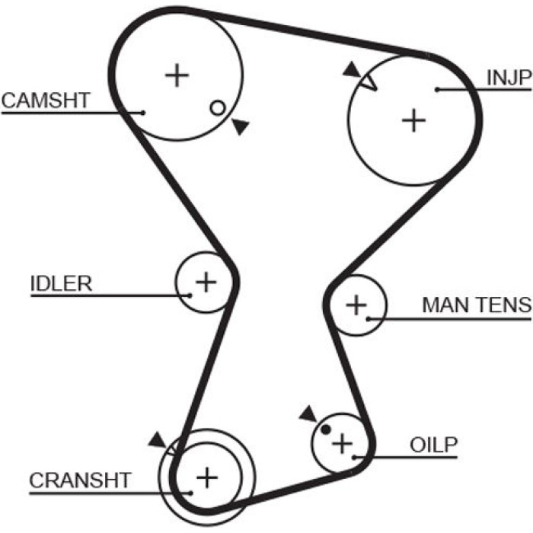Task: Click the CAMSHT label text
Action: click(x=46, y=101)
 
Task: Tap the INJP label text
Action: click(x=509, y=78)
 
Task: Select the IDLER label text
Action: click(x=61, y=283)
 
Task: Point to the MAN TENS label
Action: click(x=477, y=305)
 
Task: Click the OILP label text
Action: click(x=434, y=444)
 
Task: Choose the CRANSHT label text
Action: click(x=80, y=480)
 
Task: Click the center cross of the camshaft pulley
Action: click(x=177, y=75)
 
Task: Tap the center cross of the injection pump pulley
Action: click(x=413, y=120)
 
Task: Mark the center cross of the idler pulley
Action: click(x=206, y=282)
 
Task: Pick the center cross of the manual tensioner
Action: click(x=356, y=305)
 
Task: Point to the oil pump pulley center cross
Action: click(x=343, y=443)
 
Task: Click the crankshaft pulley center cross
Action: click(x=207, y=477)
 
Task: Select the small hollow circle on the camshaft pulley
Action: click(x=218, y=108)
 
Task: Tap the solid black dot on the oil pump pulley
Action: click(x=326, y=429)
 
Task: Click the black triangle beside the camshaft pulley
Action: click(x=241, y=126)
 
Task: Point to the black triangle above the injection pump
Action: click(x=352, y=70)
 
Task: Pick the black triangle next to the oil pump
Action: click(x=308, y=413)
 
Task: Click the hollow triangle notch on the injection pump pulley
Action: click(x=369, y=83)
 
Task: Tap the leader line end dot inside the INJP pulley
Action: click(x=438, y=89)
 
